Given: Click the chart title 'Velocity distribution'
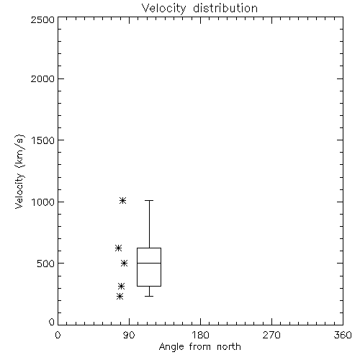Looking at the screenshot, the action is click(199, 8).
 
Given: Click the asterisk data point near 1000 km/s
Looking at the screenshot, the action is click(123, 200).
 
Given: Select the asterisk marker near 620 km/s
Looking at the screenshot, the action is click(118, 248).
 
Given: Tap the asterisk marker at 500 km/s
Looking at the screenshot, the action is click(124, 264).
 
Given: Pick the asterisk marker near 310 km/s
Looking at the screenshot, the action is click(122, 286).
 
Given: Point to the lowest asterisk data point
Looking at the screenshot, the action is click(120, 297).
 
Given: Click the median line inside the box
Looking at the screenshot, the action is click(149, 264).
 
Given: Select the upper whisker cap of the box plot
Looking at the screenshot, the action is click(149, 200).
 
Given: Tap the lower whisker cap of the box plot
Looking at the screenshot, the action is click(149, 296).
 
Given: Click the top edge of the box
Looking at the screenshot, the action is click(149, 248).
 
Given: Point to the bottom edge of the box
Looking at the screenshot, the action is click(149, 286).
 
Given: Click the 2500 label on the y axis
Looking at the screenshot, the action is click(42, 19).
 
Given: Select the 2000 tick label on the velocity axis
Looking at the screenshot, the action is click(42, 78).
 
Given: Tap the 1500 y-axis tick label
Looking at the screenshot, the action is click(43, 140).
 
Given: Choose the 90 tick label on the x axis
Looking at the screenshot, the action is click(129, 335).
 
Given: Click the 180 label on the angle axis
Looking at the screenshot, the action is click(200, 335).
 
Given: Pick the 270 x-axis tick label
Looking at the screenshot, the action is click(271, 335).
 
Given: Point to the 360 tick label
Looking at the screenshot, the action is click(343, 335).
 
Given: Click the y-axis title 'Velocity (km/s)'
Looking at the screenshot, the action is click(19, 172).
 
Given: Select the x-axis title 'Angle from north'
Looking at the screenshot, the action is click(199, 347).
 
